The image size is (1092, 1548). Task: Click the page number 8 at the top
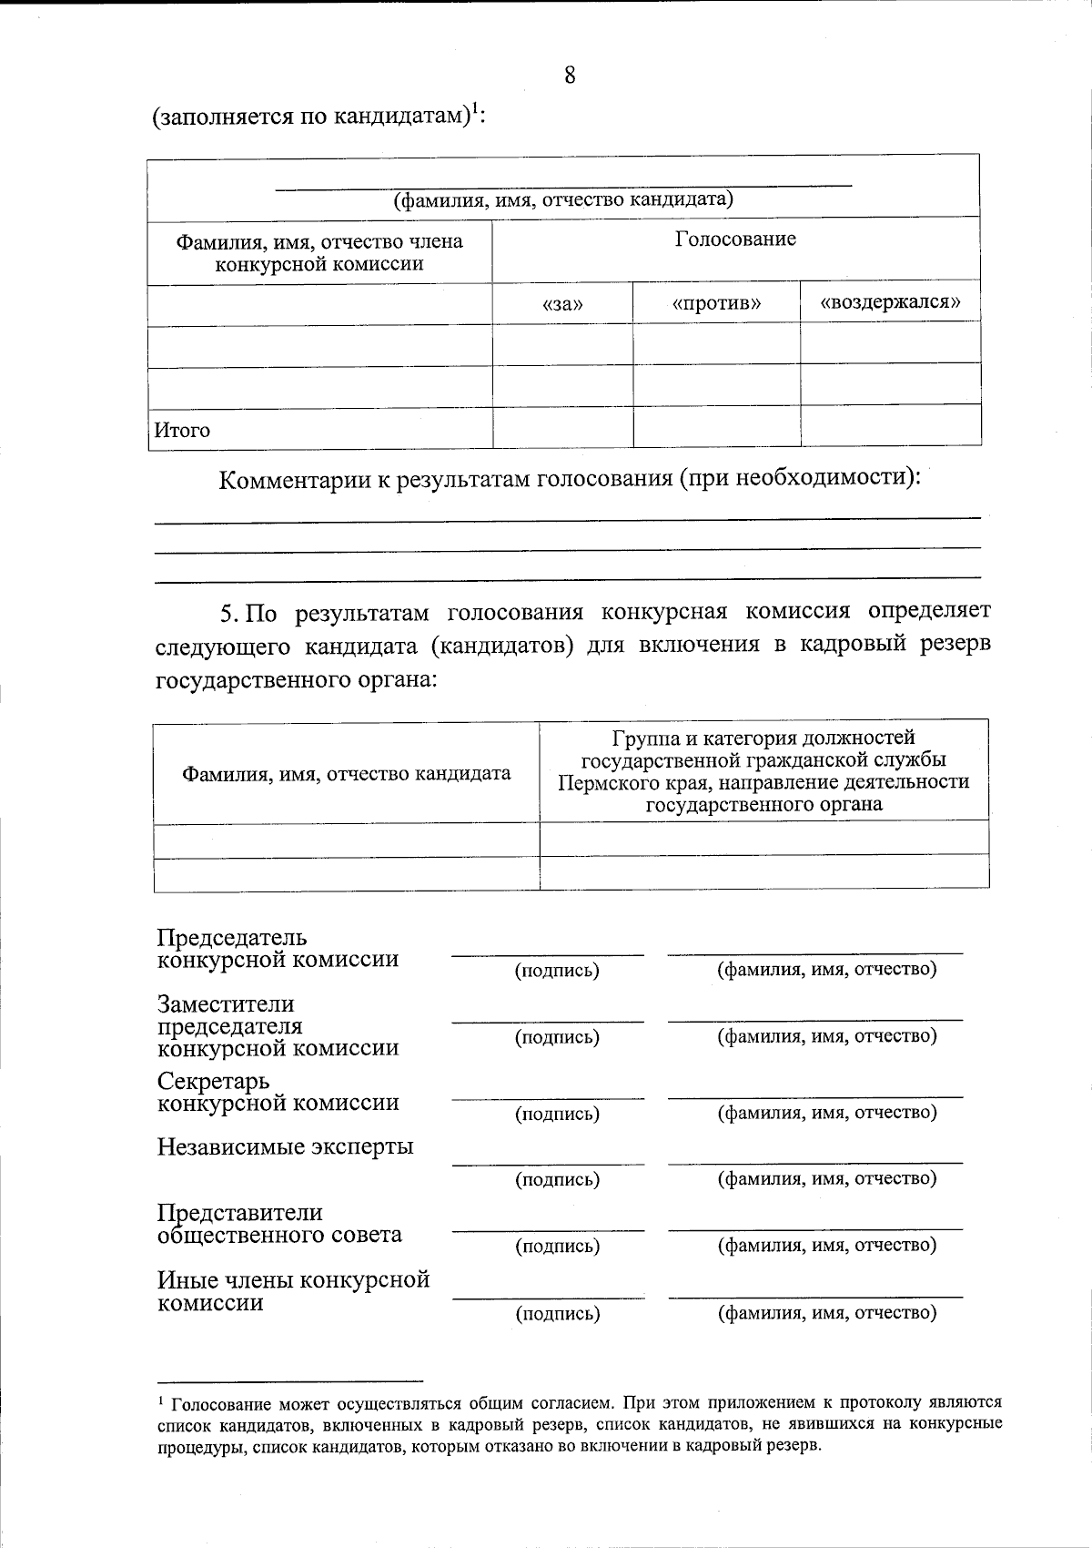[x=570, y=75]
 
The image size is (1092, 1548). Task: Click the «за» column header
[x=562, y=303]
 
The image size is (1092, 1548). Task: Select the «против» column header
[x=716, y=302]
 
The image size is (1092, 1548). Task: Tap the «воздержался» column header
[x=890, y=301]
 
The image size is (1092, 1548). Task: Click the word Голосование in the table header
[x=735, y=239]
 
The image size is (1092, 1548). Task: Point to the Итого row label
[x=182, y=430]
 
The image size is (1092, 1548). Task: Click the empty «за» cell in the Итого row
[x=562, y=427]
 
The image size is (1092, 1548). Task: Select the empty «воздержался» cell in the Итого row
[x=890, y=426]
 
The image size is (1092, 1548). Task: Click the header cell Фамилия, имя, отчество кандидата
[x=347, y=773]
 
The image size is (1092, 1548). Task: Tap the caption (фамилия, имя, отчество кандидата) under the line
[x=563, y=199]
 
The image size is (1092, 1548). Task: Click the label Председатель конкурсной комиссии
[x=278, y=949]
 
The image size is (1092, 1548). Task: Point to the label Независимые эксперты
[x=285, y=1146]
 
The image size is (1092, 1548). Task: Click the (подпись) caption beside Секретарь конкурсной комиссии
[x=557, y=1113]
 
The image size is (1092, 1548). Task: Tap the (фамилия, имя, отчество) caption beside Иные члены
[x=826, y=1312]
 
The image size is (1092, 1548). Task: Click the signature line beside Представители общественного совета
[x=548, y=1230]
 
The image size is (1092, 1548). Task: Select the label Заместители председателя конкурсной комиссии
[x=278, y=1026]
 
